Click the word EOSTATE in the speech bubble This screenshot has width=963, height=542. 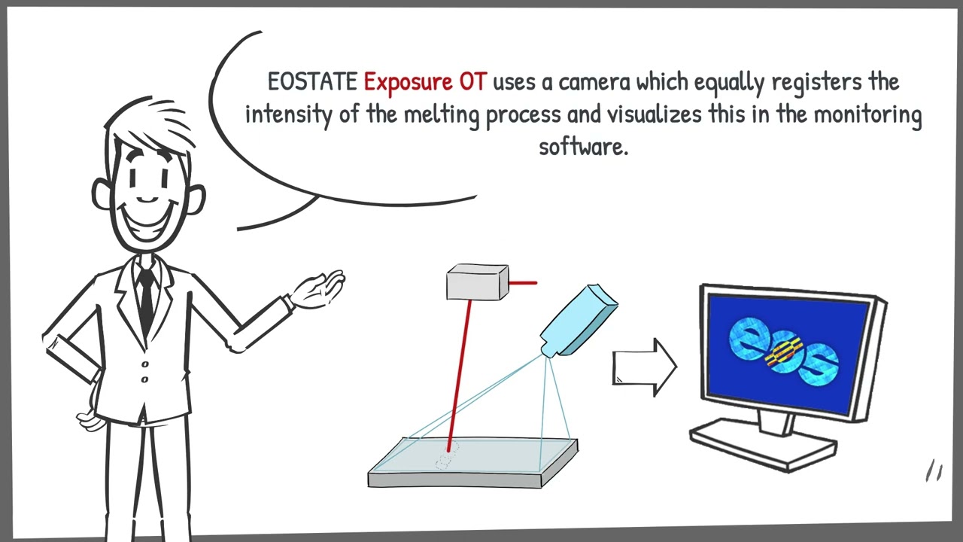pyautogui.click(x=312, y=82)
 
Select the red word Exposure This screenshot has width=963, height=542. pyautogui.click(x=409, y=83)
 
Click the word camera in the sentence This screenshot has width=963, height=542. pyautogui.click(x=594, y=83)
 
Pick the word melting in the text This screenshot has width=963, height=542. pyautogui.click(x=442, y=115)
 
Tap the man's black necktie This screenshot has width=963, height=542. pyautogui.click(x=146, y=297)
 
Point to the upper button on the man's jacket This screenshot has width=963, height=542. pyautogui.click(x=145, y=364)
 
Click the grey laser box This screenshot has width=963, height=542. pyautogui.click(x=478, y=282)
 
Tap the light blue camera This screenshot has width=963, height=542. pyautogui.click(x=579, y=321)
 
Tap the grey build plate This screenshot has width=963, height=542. pyautogui.click(x=473, y=463)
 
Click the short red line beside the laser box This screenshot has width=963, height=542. pyautogui.click(x=523, y=283)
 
